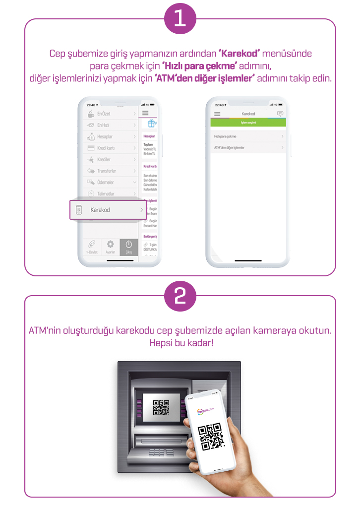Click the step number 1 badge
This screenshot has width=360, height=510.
pyautogui.click(x=180, y=19)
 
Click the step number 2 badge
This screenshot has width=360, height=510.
pyautogui.click(x=180, y=296)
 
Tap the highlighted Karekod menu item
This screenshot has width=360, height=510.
pyautogui.click(x=108, y=210)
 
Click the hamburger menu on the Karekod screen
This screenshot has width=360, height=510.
pyautogui.click(x=217, y=114)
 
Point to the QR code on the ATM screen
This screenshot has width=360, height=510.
pyautogui.click(x=161, y=407)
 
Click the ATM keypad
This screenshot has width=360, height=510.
pyautogui.click(x=157, y=452)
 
